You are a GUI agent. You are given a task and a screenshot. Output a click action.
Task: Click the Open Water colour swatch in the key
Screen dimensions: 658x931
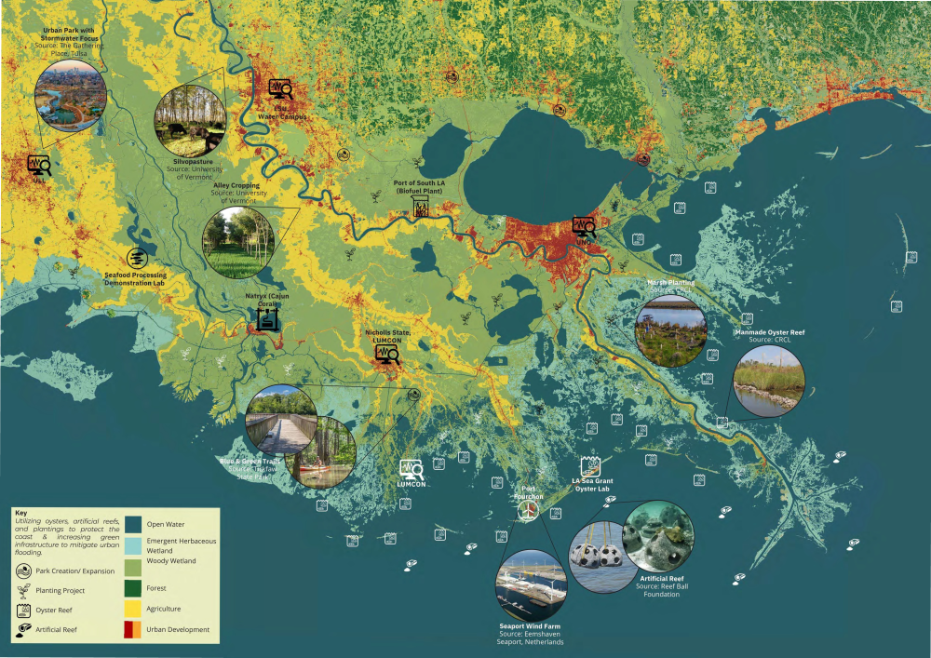[132, 523]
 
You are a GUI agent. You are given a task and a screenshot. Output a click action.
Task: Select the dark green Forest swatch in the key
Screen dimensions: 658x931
[132, 587]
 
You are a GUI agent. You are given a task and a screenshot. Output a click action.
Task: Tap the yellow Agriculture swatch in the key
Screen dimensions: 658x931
[132, 609]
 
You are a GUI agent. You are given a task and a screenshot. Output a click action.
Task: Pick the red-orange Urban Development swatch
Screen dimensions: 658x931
[132, 630]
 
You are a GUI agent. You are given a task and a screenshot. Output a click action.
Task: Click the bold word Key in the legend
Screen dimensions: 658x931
[21, 512]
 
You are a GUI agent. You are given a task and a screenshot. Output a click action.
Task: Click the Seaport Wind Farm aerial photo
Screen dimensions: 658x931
[531, 586]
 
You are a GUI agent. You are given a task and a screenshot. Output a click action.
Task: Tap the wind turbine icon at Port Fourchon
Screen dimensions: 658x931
[528, 513]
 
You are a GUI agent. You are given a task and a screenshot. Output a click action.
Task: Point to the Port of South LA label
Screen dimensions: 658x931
[421, 185]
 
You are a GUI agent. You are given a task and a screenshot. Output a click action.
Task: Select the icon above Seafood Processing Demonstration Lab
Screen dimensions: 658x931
[136, 258]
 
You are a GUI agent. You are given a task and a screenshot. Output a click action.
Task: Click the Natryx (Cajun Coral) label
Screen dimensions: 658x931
[267, 299]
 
